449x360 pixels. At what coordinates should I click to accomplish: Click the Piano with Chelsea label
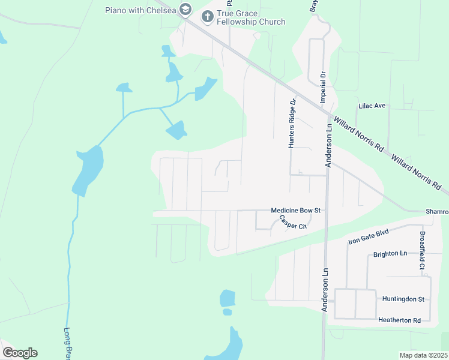141,10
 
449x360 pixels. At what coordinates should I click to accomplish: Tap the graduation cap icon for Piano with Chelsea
185,10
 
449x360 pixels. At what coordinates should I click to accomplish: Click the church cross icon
208,17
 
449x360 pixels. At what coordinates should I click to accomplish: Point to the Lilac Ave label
371,106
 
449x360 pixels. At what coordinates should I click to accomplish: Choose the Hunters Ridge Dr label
292,123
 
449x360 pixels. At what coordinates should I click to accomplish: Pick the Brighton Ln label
390,254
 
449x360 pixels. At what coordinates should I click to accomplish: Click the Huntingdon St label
403,299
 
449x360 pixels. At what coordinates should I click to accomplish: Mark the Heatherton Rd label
400,320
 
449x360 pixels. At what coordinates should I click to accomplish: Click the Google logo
20,353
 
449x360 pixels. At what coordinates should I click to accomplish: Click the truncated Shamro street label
437,212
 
